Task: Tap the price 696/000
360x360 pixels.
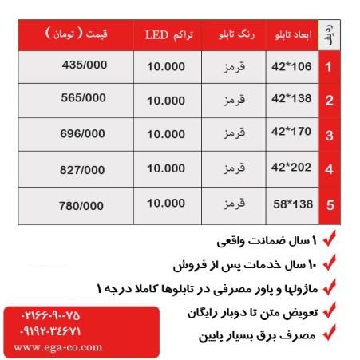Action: coord(83,133)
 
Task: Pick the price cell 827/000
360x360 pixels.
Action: coord(83,169)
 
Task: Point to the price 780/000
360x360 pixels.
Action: coord(83,205)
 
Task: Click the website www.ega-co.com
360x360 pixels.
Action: coord(58,348)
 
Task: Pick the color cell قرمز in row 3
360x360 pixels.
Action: coord(236,135)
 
